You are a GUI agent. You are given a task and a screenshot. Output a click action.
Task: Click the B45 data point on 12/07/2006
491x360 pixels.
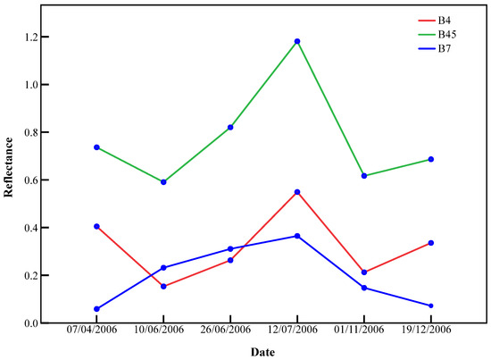point(297,41)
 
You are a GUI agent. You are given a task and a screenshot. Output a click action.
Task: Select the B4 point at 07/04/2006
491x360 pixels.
point(96,226)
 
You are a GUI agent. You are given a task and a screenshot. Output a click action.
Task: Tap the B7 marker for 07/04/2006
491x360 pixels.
point(96,309)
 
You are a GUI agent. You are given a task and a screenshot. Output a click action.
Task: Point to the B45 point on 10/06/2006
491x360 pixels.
point(163,182)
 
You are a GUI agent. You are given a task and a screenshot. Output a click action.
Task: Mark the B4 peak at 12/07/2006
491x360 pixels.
point(297,192)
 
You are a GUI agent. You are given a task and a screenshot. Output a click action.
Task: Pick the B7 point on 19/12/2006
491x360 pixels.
point(431,306)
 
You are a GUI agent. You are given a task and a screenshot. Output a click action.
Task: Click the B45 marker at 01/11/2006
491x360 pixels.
point(364,176)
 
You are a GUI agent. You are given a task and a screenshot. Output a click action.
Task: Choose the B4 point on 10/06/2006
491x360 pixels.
point(163,287)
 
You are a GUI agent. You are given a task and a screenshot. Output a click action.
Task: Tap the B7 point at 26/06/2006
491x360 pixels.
point(230,249)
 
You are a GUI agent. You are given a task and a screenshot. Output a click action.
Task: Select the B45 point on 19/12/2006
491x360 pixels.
point(431,159)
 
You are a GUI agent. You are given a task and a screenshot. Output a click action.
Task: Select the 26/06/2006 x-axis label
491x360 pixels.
point(230,331)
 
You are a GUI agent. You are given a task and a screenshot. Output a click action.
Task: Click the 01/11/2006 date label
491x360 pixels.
point(364,331)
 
